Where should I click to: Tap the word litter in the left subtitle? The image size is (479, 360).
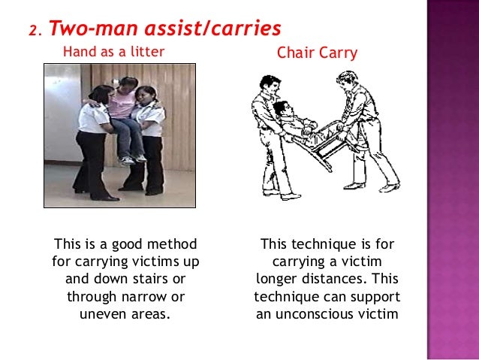tap(148, 52)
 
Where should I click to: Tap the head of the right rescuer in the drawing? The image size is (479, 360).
tap(345, 80)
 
